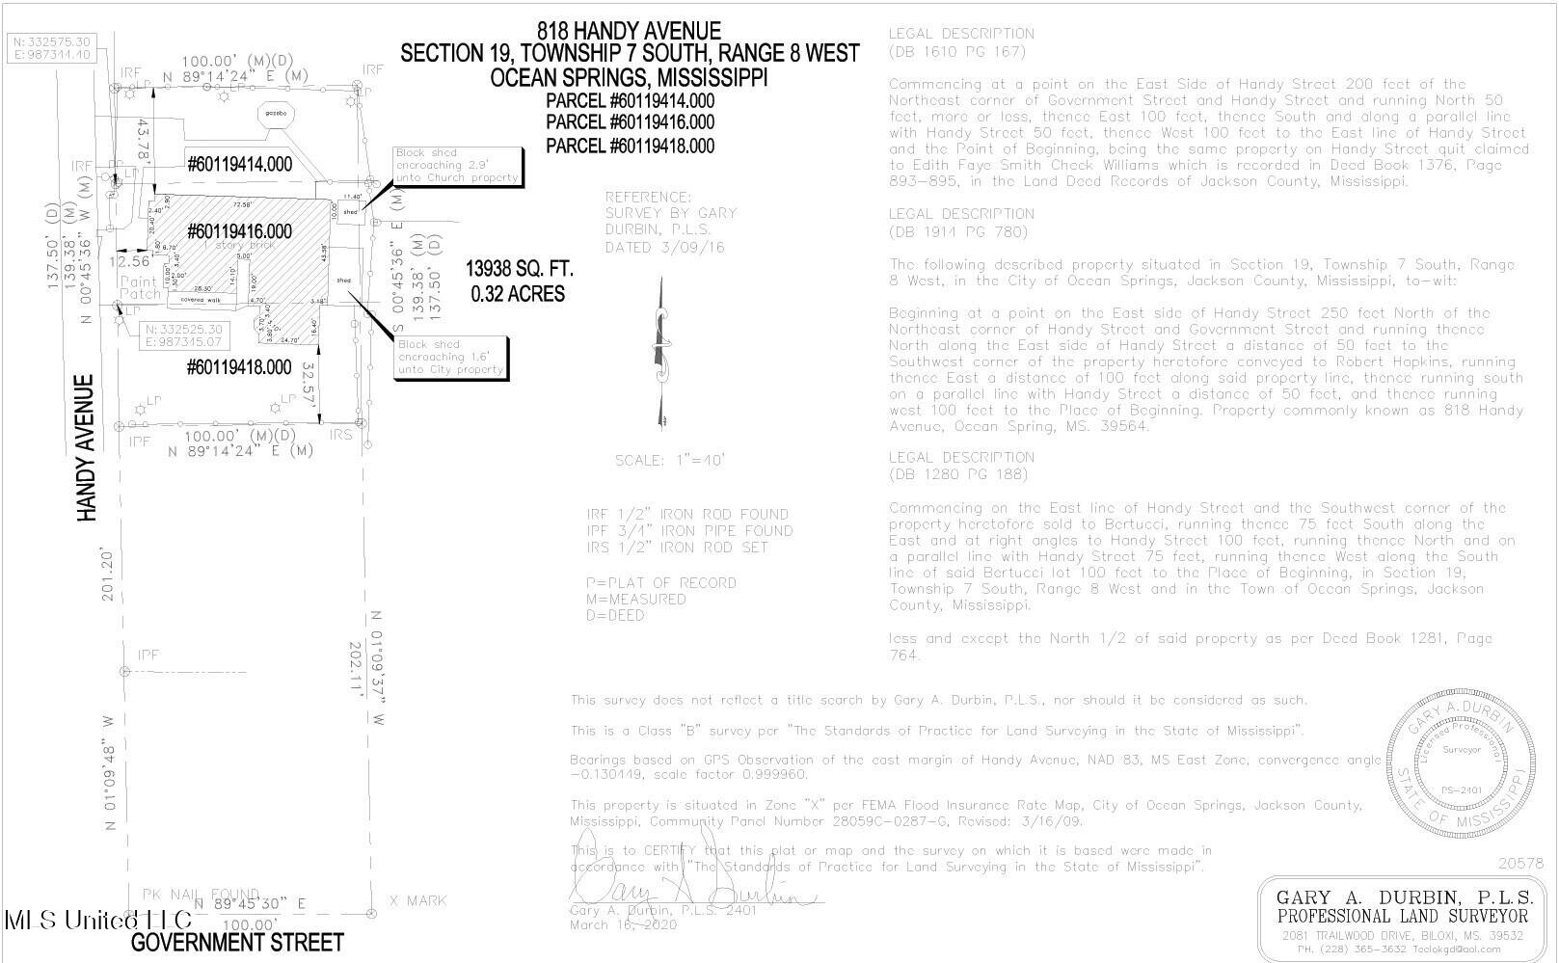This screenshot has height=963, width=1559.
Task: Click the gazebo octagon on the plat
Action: coord(273,113)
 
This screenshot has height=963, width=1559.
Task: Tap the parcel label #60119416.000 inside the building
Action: coord(239,231)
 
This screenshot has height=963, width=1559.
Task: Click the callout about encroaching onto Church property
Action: coord(457,166)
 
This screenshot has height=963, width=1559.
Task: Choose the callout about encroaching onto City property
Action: coord(450,357)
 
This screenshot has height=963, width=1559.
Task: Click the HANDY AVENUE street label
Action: coord(88,448)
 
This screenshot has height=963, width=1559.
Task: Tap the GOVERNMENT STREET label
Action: coord(237,942)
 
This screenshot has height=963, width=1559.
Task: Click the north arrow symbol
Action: coord(661,352)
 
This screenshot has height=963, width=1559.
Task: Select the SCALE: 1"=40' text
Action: coord(669,461)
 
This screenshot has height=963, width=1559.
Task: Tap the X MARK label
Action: coord(417,900)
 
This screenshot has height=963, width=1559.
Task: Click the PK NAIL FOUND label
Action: coord(201,894)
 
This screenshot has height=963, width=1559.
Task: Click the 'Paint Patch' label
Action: coord(140,287)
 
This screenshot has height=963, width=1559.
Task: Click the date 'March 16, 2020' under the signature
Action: coord(623,925)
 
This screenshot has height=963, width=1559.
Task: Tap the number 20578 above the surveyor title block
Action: coord(1520,864)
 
